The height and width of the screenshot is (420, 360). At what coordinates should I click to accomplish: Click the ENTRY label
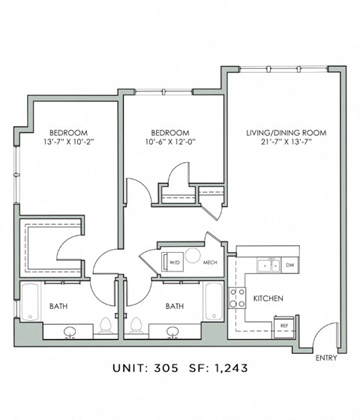point(326,358)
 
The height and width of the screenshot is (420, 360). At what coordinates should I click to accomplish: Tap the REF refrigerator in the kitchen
point(284,327)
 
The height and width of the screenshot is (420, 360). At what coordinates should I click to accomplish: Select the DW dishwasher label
point(290,265)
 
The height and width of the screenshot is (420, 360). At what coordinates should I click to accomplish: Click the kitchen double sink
point(269,265)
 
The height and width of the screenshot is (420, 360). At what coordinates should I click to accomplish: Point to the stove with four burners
point(237,298)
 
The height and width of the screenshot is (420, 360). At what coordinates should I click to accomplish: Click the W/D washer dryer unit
point(172,262)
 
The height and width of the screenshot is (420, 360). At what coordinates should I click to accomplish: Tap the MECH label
point(210,262)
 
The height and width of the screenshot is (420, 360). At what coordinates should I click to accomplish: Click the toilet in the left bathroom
point(106,326)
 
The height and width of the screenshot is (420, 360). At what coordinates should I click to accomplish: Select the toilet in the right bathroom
point(136,326)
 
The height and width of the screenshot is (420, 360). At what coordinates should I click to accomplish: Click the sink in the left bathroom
point(70,331)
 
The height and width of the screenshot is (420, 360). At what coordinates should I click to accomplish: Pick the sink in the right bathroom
point(173,331)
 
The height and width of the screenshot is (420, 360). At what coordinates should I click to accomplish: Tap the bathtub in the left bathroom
point(30,301)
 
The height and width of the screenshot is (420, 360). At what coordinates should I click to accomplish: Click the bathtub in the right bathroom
point(214,301)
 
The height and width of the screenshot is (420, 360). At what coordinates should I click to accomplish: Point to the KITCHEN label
point(268,298)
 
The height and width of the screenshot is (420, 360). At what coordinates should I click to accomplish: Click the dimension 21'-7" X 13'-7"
point(286,142)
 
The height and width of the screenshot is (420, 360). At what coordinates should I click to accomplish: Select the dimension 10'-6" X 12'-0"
point(170,142)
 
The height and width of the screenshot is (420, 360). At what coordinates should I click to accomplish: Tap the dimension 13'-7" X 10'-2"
point(68,142)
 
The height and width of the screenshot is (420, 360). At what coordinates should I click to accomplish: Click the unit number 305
point(166,368)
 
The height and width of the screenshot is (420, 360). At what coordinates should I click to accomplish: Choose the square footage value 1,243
point(231,368)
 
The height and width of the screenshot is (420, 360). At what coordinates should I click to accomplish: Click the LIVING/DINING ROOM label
point(286,133)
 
